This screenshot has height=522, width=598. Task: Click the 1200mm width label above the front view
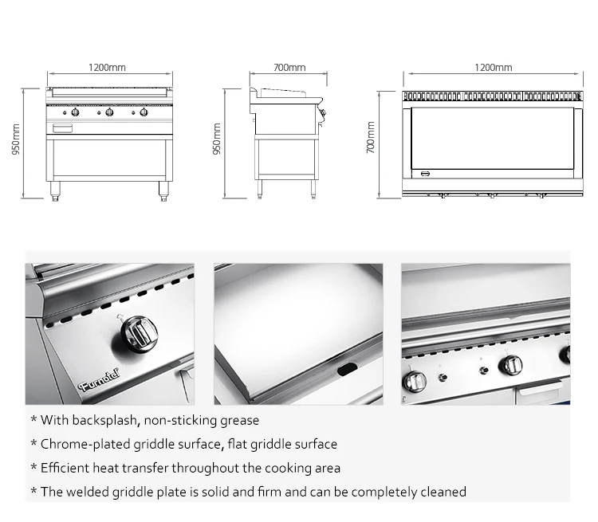107,69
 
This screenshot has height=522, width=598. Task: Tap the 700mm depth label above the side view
289,69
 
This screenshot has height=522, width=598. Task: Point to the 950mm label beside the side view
217,140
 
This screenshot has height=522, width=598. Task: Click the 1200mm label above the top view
493,69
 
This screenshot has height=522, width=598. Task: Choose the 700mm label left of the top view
371,138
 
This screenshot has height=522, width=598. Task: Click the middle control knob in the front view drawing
109,112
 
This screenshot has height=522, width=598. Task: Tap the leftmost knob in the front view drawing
75,112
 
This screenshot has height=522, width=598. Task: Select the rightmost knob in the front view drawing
144,112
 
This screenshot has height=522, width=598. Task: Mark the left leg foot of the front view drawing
55,194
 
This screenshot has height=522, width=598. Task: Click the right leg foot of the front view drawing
164,194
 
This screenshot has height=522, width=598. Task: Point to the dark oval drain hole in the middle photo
348,368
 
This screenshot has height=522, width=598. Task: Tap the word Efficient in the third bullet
65,468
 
